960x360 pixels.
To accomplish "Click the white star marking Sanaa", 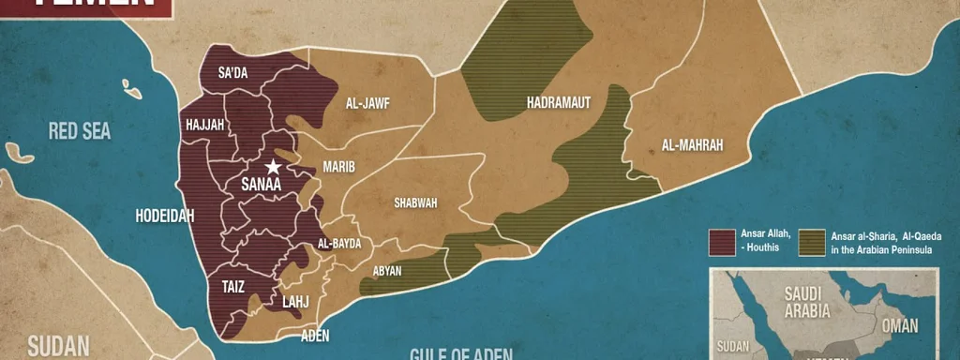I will click(273, 167).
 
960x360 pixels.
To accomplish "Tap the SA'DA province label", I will click(232, 73).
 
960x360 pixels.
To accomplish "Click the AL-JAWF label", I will click(367, 103).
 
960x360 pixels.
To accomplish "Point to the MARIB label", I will click(338, 167).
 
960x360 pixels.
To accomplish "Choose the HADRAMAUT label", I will click(559, 102).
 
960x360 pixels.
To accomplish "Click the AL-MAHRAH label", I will click(692, 145).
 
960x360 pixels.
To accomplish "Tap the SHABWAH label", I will click(415, 202).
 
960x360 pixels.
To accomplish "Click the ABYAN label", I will click(387, 271).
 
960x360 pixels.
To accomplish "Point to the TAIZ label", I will click(232, 288).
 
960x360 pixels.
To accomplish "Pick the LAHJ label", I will click(295, 302).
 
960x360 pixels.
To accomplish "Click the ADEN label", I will click(315, 335).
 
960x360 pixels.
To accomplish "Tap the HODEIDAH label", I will click(165, 216).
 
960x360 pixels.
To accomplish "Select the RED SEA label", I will click(80, 131).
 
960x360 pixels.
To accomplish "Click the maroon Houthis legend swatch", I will click(720, 242).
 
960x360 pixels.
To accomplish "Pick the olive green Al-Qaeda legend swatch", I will click(812, 242).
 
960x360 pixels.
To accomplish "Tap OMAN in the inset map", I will click(898, 325).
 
